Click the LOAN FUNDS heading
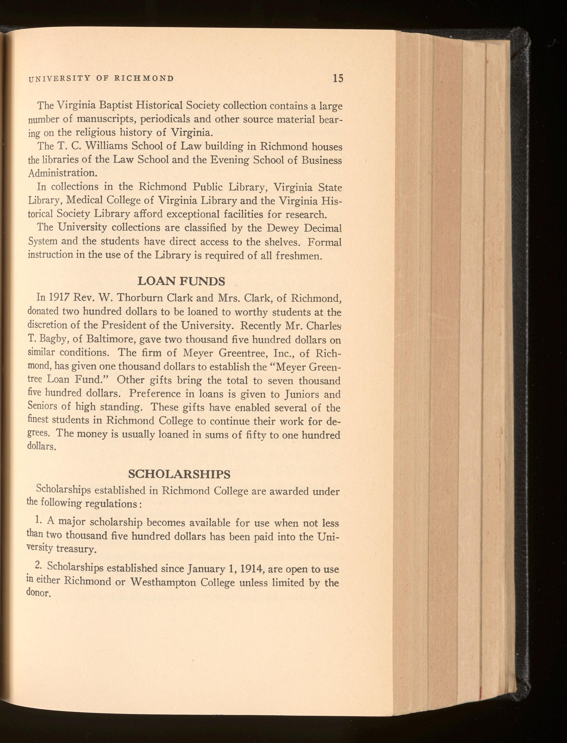[x=182, y=281]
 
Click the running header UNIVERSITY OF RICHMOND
[x=101, y=79]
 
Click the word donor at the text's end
[x=38, y=593]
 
